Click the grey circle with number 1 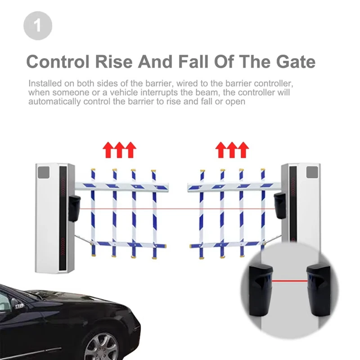[38, 26]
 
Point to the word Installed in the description [44, 84]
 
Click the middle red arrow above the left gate [119, 150]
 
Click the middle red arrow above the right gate [232, 150]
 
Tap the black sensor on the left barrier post [74, 208]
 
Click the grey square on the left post [43, 172]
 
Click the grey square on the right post [312, 172]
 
